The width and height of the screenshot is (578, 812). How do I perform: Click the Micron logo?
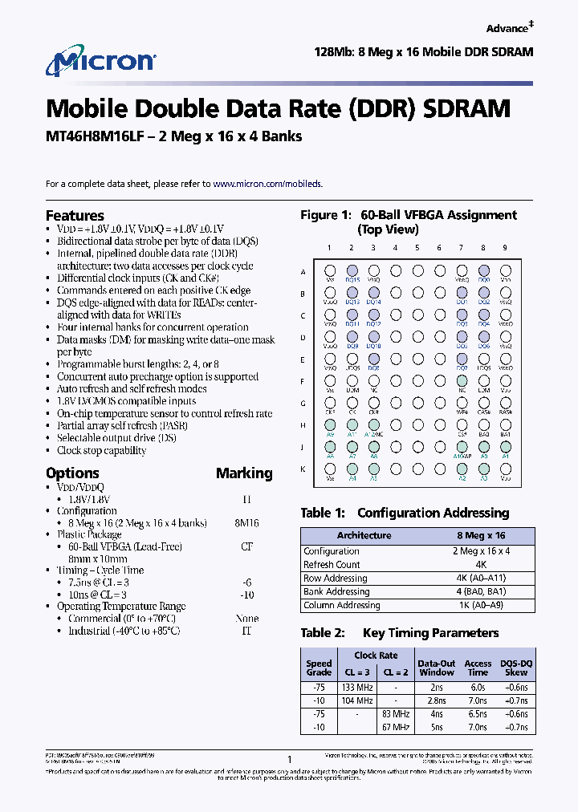click(100, 63)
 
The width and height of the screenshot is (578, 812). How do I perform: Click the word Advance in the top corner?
click(507, 28)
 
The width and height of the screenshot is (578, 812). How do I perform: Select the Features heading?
click(75, 215)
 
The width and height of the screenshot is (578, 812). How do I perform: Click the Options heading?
click(72, 473)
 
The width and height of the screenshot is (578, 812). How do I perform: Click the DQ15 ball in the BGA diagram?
click(352, 272)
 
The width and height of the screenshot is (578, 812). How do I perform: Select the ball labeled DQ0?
click(483, 272)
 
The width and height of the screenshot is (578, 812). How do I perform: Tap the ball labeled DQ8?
click(373, 360)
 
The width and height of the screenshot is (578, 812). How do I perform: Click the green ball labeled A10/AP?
click(462, 448)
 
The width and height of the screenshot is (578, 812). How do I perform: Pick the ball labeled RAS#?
click(506, 404)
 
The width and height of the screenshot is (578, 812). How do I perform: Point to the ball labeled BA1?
click(506, 426)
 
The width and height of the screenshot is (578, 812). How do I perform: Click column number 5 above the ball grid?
click(417, 248)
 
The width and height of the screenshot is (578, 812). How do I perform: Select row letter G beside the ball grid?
click(303, 404)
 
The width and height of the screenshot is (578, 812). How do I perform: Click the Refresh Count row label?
click(331, 565)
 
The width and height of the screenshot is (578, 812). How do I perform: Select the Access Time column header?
click(478, 668)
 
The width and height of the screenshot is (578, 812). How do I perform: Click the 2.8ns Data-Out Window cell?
click(437, 700)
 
